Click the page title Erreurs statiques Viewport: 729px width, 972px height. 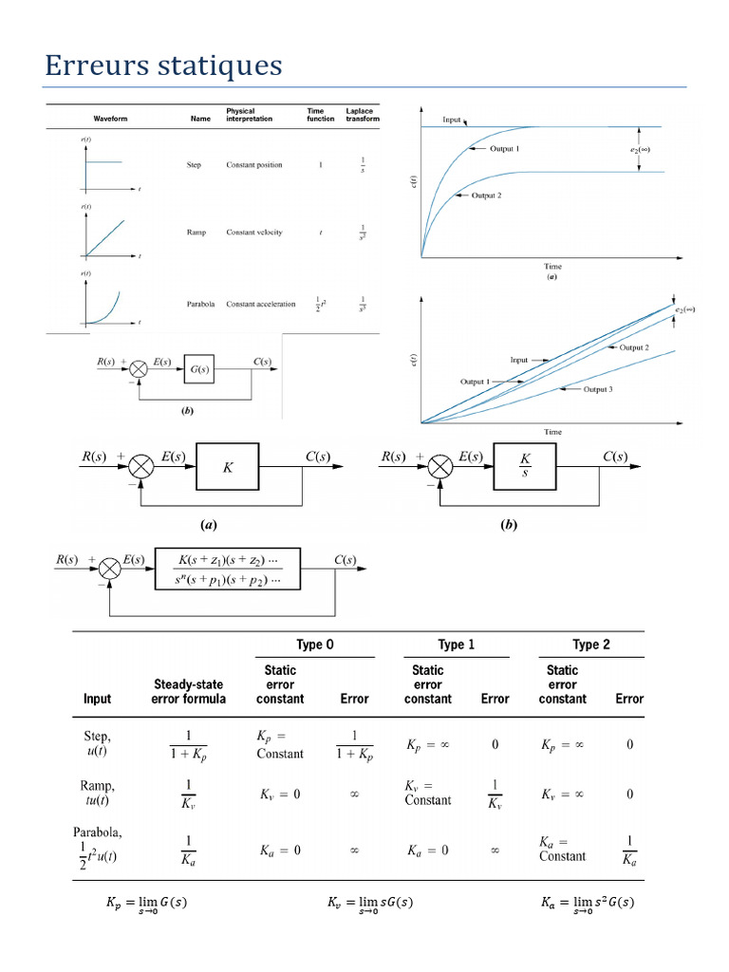point(163,65)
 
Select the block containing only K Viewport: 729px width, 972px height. point(228,467)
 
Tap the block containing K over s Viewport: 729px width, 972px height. point(524,467)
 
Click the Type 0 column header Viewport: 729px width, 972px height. point(315,645)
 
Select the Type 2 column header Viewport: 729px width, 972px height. point(590,645)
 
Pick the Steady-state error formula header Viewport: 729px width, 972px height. point(188,691)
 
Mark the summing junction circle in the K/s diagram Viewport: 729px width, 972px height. point(439,467)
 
